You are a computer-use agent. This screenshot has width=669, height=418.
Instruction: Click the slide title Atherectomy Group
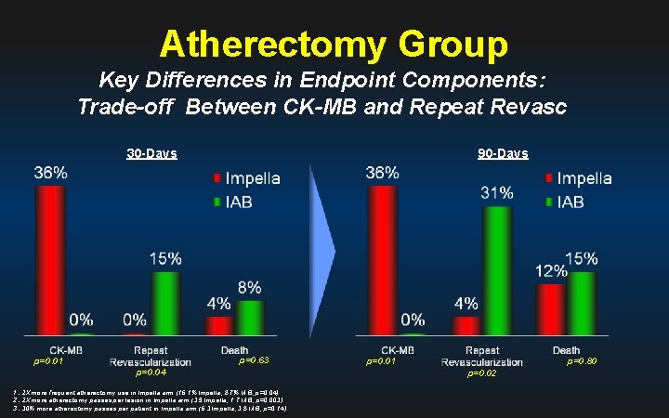334,43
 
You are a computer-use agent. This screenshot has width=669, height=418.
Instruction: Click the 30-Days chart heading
152,153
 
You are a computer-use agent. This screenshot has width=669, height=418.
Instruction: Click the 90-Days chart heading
503,153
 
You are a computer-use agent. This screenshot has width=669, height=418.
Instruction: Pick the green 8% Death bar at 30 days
249,317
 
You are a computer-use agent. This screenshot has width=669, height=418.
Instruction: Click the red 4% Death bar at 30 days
220,325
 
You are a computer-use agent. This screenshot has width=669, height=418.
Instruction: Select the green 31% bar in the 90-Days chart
496,269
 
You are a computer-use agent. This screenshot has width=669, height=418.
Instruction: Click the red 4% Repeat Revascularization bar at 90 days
467,324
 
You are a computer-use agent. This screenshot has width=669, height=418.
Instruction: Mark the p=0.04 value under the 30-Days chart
150,372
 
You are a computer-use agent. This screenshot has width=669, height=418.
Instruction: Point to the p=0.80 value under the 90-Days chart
583,360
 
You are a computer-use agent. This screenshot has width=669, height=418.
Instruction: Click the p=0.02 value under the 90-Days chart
481,372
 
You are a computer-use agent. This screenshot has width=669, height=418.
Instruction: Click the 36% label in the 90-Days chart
383,173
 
